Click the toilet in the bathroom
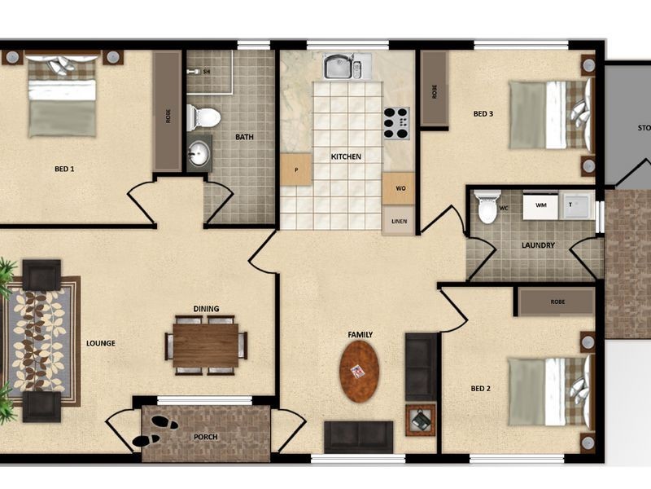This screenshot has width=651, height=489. (x=203, y=117)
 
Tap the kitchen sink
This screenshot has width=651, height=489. (x=347, y=66)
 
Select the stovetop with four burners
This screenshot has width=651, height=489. (x=396, y=123)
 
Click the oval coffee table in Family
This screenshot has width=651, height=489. (x=359, y=371)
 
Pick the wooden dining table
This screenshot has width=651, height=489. (x=206, y=345)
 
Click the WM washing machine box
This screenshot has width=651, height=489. (x=540, y=207)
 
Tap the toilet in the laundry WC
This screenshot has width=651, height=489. (x=487, y=207)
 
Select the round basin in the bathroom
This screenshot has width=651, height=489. (x=199, y=154)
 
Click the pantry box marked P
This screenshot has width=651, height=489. (x=295, y=170)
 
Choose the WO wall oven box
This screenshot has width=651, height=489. (x=399, y=188)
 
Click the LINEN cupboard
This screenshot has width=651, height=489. (x=399, y=220)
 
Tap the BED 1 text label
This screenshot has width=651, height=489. (x=64, y=170)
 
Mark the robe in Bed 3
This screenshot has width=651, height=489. (x=435, y=89)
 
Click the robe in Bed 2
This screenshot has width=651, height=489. (x=557, y=302)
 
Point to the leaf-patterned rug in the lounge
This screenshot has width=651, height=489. (x=42, y=341)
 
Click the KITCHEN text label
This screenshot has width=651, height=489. (x=346, y=156)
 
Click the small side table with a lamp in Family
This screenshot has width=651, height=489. (x=421, y=420)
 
